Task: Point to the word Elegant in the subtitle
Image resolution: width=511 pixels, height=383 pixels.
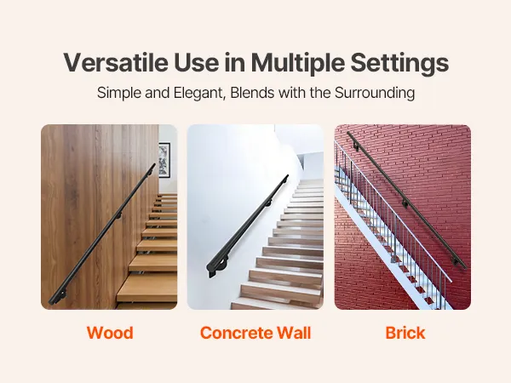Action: tap(199, 93)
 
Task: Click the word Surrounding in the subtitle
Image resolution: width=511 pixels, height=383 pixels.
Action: tap(375, 93)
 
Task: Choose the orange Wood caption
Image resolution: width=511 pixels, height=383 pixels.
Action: tap(110, 333)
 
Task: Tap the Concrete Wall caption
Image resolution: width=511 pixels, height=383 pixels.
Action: tap(255, 333)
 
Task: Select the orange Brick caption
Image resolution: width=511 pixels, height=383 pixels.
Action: tap(405, 333)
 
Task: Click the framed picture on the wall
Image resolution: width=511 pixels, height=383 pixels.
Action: tap(164, 160)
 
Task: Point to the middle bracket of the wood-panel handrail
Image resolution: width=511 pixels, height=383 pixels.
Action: tap(118, 215)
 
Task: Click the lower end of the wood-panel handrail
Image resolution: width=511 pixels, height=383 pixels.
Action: tap(51, 302)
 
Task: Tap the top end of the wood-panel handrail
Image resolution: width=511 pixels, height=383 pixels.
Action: tap(153, 165)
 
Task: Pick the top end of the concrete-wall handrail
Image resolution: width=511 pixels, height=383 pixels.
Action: tap(287, 177)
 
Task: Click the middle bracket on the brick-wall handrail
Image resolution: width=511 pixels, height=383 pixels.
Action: tap(405, 204)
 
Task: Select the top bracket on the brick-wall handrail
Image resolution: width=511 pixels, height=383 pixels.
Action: tap(356, 148)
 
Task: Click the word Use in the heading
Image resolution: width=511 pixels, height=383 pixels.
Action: tap(196, 62)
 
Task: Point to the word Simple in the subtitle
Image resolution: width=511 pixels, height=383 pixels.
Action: tap(118, 93)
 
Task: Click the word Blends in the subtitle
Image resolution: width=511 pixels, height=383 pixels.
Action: tap(252, 93)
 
